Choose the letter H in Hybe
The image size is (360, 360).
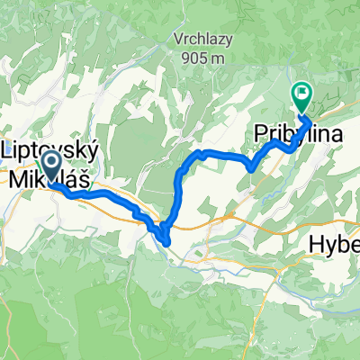(316, 243)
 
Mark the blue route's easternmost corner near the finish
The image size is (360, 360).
(311, 120)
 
